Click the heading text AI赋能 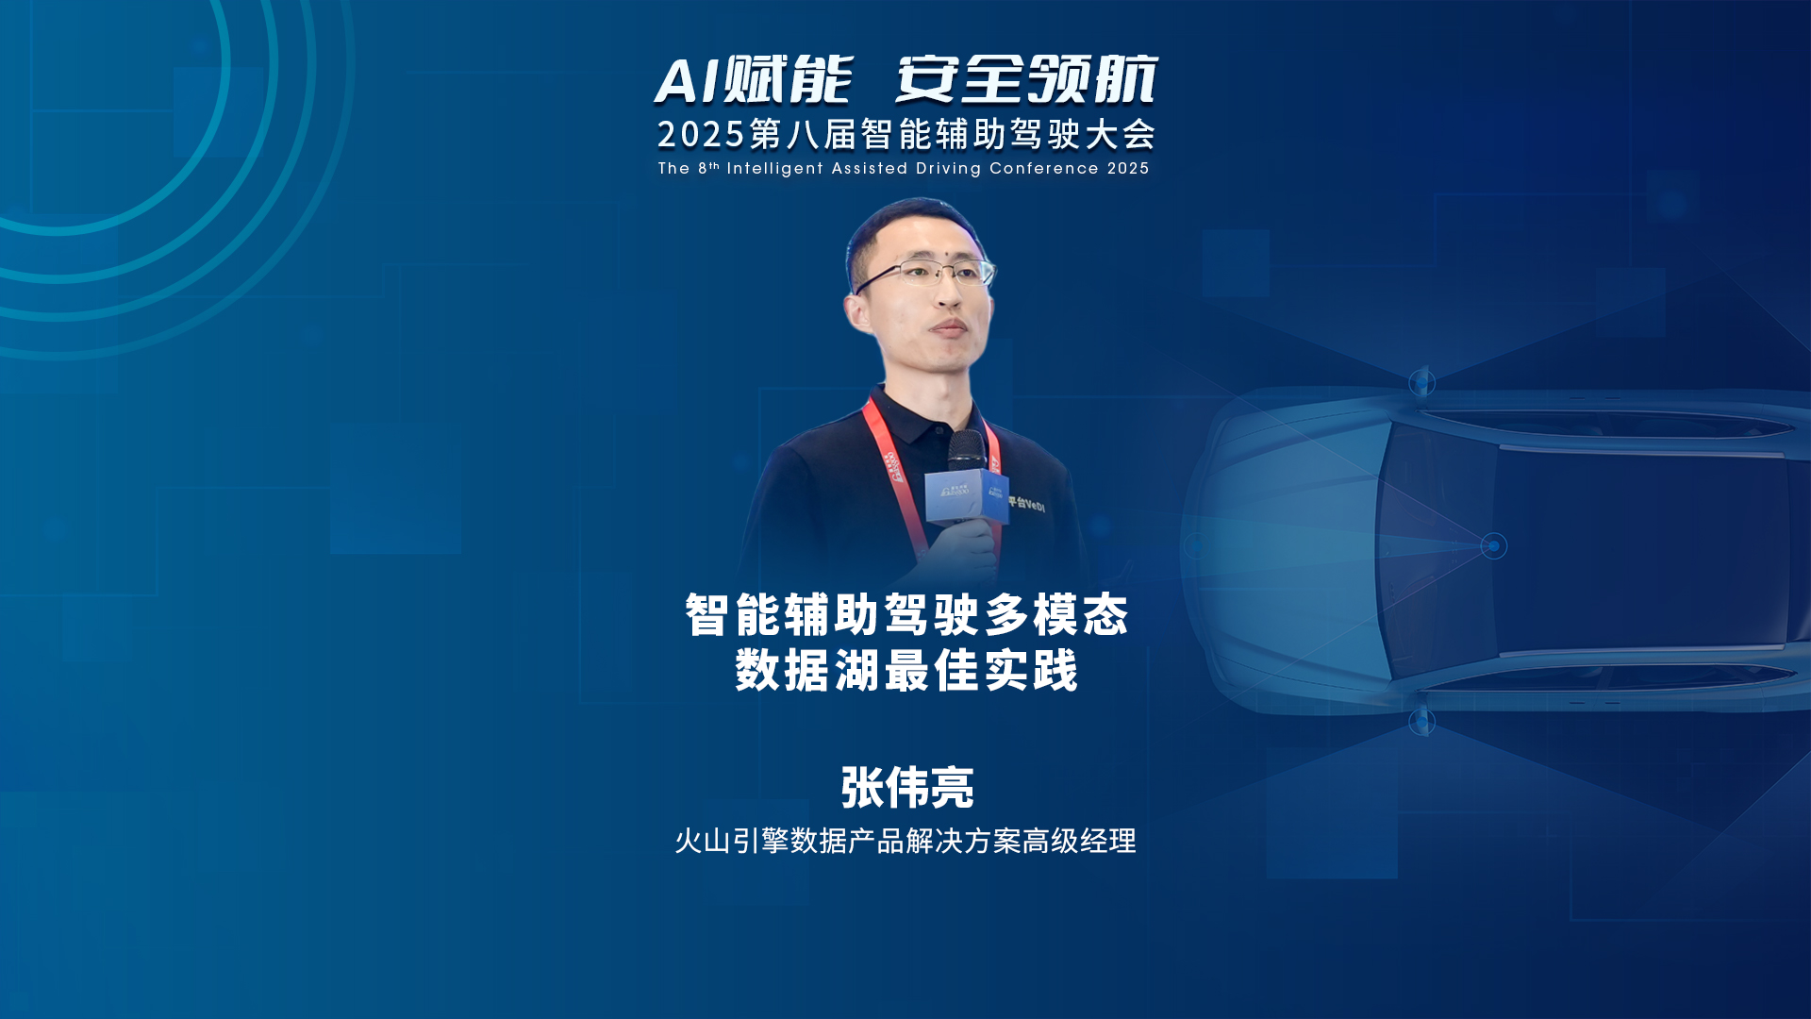coord(754,79)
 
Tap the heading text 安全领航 coord(1026,79)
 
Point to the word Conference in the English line coord(1044,169)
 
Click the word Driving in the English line coord(948,169)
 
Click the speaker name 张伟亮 coord(906,788)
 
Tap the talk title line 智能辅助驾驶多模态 coord(906,615)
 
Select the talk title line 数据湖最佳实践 coord(906,671)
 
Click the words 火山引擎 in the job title coord(732,841)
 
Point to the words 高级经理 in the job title coord(1079,841)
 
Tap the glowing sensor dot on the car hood coord(1494,545)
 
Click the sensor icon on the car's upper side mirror coord(1421,383)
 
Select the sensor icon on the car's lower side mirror coord(1421,723)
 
